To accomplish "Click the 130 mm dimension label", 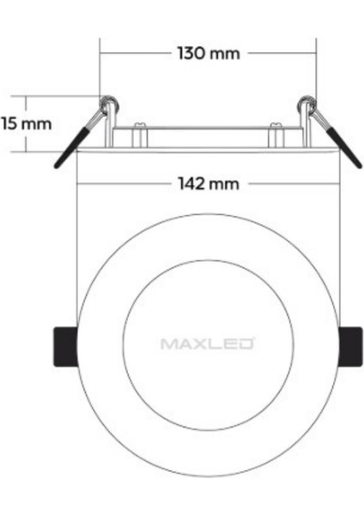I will (208, 53).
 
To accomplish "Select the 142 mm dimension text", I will (208, 183).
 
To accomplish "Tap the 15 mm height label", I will (26, 123).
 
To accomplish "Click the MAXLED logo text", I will (207, 344).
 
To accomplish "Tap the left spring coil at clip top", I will (109, 105).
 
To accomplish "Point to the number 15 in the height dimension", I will (10, 123).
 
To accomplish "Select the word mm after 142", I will (226, 183).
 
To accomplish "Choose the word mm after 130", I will (226, 53).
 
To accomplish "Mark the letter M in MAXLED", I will (168, 344).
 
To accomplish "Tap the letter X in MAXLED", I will (197, 344).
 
